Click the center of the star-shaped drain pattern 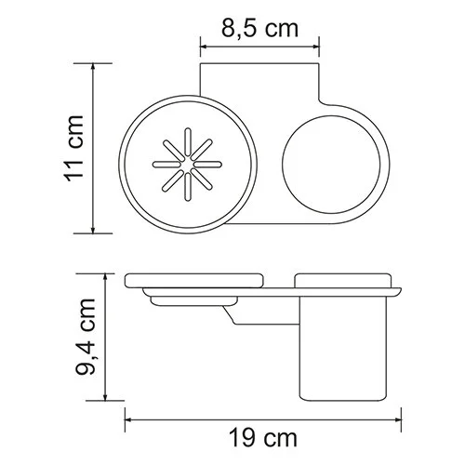pyautogui.click(x=185, y=167)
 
